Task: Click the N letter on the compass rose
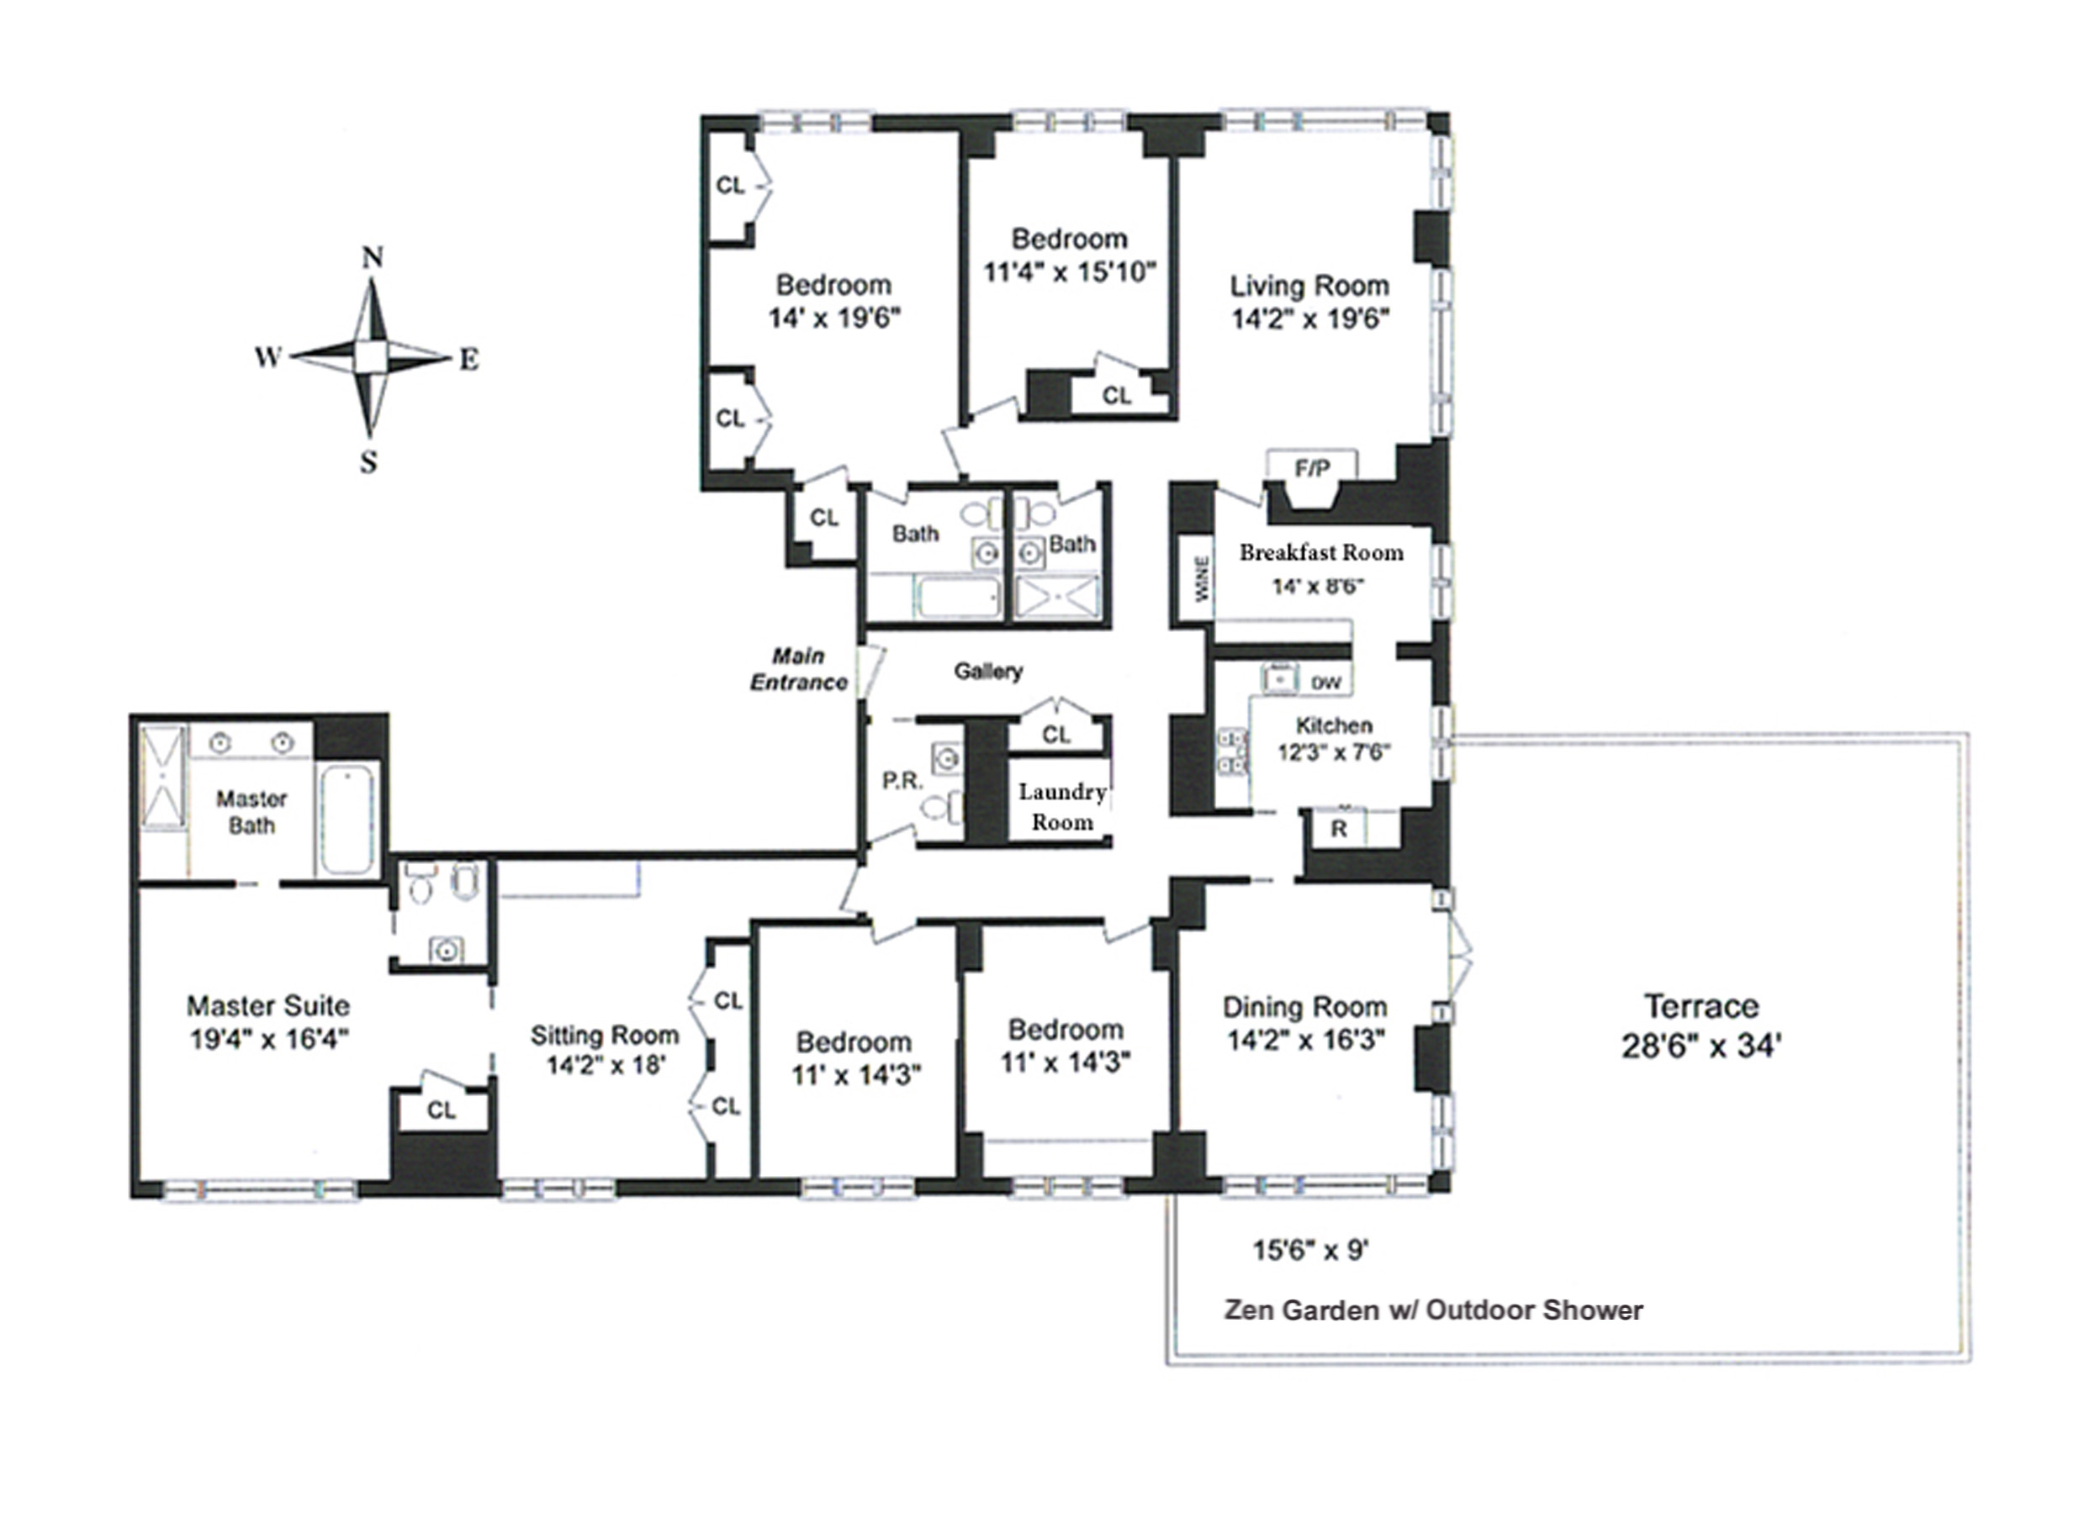[371, 258]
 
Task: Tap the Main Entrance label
[798, 669]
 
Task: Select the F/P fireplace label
[1312, 469]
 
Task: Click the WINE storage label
[1202, 579]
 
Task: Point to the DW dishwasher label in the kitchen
[1325, 683]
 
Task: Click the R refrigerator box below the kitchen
[1339, 830]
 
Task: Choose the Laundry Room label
[1061, 806]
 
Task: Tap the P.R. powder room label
[902, 781]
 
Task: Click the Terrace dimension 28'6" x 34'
[1701, 1046]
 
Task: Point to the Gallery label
[988, 672]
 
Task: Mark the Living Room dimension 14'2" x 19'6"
[1310, 319]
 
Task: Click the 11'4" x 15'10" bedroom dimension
[1069, 272]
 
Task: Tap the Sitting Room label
[604, 1036]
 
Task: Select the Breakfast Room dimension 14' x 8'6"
[1318, 587]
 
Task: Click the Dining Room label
[1304, 1007]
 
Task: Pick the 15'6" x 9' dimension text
[1311, 1250]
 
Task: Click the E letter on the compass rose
[468, 359]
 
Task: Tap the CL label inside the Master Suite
[441, 1110]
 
